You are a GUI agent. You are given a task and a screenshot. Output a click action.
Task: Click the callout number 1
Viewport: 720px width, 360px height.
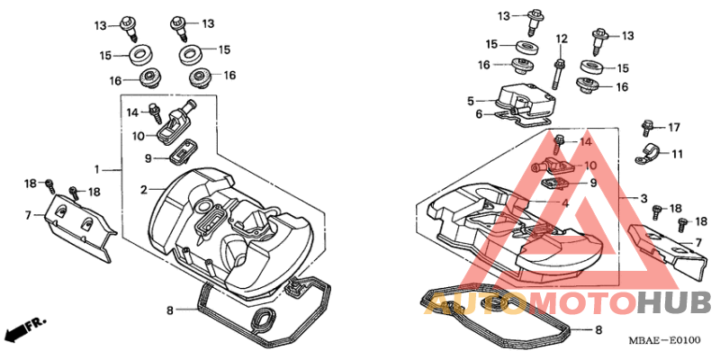(x=97, y=170)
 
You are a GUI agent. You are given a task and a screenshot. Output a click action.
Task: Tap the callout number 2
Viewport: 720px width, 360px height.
(x=144, y=189)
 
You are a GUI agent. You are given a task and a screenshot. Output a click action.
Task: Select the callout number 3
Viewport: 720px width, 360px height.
(x=643, y=198)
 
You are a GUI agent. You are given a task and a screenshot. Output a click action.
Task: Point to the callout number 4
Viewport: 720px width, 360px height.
(x=565, y=202)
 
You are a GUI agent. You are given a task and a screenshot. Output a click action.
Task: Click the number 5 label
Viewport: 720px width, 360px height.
(x=471, y=101)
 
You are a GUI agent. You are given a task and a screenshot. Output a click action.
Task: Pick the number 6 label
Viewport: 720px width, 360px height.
(x=479, y=114)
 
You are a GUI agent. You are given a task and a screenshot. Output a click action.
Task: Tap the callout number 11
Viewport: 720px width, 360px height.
(x=678, y=154)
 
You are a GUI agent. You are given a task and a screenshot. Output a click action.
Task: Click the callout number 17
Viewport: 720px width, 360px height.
(x=674, y=127)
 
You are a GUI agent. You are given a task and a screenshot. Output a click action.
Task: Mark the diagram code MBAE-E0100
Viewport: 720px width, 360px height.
(x=664, y=340)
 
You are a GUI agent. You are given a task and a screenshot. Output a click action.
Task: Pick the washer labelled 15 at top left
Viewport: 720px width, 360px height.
(x=139, y=56)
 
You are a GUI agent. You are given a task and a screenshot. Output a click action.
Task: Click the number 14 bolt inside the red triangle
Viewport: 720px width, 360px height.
(x=559, y=143)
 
